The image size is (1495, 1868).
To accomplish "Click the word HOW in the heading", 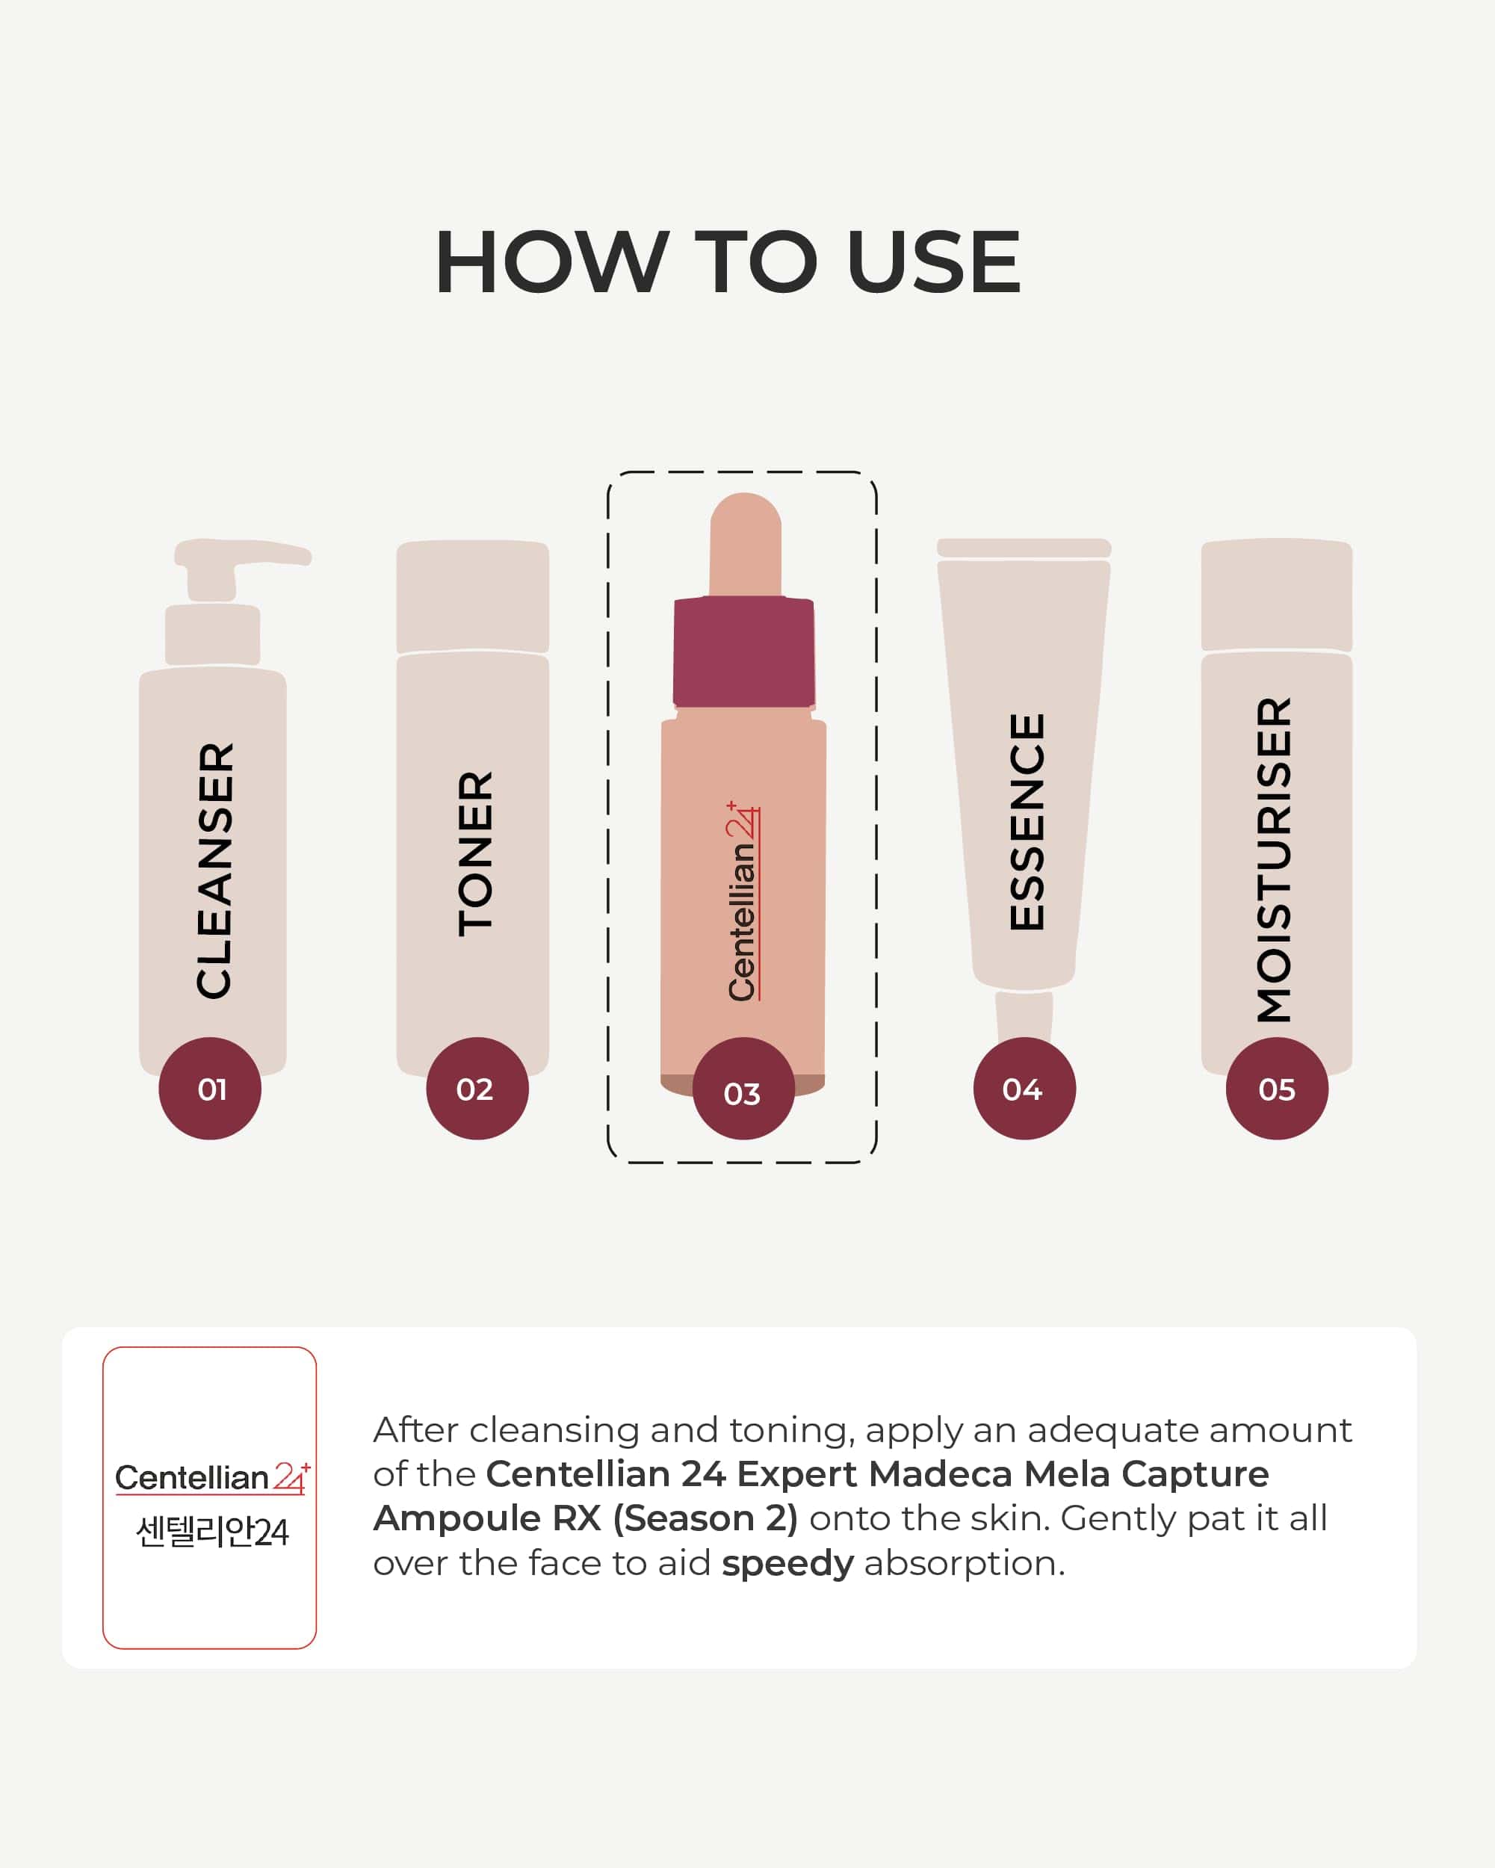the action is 551,262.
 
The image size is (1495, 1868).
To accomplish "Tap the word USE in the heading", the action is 934,262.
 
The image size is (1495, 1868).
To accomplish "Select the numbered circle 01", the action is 210,1088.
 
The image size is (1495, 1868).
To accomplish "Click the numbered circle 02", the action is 477,1088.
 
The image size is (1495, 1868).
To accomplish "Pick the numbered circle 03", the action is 744,1088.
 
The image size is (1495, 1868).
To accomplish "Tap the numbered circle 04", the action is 1024,1088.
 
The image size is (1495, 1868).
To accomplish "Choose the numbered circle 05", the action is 1277,1088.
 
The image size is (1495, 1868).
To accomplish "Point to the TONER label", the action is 475,853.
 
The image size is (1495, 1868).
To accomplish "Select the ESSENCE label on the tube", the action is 1027,822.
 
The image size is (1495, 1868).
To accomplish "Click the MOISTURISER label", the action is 1274,859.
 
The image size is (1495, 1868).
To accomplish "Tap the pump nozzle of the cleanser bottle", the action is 243,554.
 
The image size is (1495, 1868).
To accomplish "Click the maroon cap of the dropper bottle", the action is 744,652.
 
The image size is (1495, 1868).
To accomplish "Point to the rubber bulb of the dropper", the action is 746,544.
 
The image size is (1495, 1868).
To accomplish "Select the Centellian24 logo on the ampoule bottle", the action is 743,901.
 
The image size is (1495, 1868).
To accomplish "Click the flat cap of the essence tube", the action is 1024,548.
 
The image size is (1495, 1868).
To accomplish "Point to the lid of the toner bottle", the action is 473,597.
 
